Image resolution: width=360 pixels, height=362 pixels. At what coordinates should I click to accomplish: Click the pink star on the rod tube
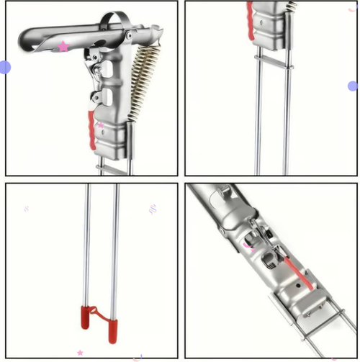63,47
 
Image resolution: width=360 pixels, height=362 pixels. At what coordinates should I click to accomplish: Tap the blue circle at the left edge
4,68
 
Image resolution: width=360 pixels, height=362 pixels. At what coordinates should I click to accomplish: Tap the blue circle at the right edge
353,86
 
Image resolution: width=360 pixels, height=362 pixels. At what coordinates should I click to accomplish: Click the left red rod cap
85,317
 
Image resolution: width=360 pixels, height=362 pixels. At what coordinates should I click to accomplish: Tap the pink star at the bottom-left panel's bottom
80,353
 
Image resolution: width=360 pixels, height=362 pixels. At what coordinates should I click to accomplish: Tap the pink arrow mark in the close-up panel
248,245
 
